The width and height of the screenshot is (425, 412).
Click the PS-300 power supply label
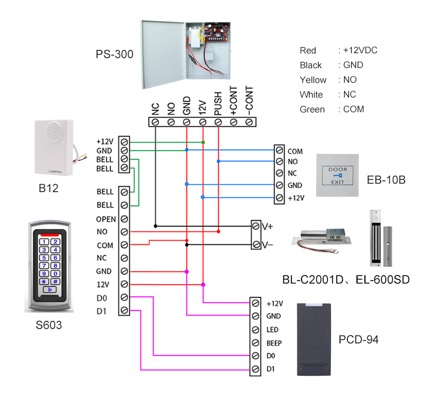tap(114, 55)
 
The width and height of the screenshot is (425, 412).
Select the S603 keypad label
tap(48, 326)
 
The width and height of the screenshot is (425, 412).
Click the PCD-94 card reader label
tap(358, 340)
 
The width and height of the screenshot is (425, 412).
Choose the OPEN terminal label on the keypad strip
tap(106, 219)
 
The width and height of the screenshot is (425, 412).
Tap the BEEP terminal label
tap(274, 343)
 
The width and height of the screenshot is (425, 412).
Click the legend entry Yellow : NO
tap(332, 80)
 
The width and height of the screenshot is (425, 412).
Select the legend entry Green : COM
tap(332, 109)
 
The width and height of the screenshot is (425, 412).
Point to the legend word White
tap(311, 95)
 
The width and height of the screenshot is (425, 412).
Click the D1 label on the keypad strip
tap(101, 311)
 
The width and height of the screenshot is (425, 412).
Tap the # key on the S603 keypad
tap(55, 282)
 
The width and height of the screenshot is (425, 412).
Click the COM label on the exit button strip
tap(295, 152)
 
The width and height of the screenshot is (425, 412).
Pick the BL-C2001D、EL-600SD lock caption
tap(346, 280)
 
